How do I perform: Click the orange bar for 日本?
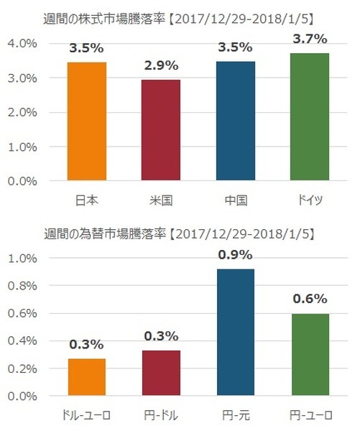(87, 121)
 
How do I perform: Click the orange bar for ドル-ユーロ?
(87, 377)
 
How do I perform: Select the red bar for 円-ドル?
(161, 373)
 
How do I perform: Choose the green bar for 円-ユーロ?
(310, 355)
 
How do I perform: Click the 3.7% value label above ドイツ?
(310, 37)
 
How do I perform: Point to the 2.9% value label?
(161, 65)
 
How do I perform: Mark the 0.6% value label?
(310, 299)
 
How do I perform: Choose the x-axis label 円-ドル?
(161, 414)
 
